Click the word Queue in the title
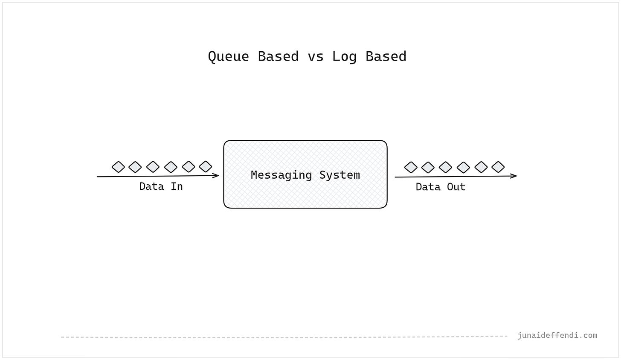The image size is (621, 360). (228, 57)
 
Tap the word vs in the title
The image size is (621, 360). (316, 57)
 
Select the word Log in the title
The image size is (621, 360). (344, 57)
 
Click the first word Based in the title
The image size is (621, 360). (278, 57)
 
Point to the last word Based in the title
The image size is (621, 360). (386, 57)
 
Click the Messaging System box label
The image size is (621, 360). (305, 175)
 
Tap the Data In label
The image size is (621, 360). (161, 186)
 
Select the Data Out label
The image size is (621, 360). (440, 187)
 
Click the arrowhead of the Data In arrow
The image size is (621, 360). (217, 175)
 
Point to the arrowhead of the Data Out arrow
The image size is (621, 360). (514, 176)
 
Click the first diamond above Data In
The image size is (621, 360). (118, 167)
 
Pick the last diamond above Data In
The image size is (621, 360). (206, 166)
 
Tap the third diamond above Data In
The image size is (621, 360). (153, 167)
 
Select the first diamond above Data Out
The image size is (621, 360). (411, 167)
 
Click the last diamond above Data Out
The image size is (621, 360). (498, 167)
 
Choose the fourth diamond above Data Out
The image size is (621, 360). (463, 167)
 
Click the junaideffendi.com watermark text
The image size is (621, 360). (557, 335)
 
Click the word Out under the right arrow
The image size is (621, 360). (456, 187)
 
